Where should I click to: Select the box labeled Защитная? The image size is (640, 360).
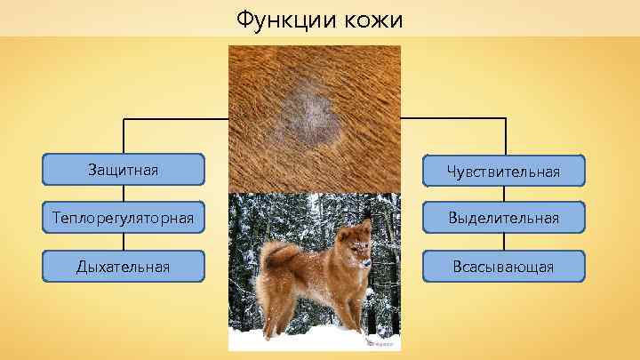[x=124, y=168]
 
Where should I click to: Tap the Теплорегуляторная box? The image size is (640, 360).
[x=124, y=217]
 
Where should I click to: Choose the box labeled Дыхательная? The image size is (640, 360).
[x=124, y=265]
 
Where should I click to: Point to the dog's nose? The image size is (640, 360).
[x=368, y=264]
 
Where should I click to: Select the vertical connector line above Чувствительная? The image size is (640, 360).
[x=506, y=137]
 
